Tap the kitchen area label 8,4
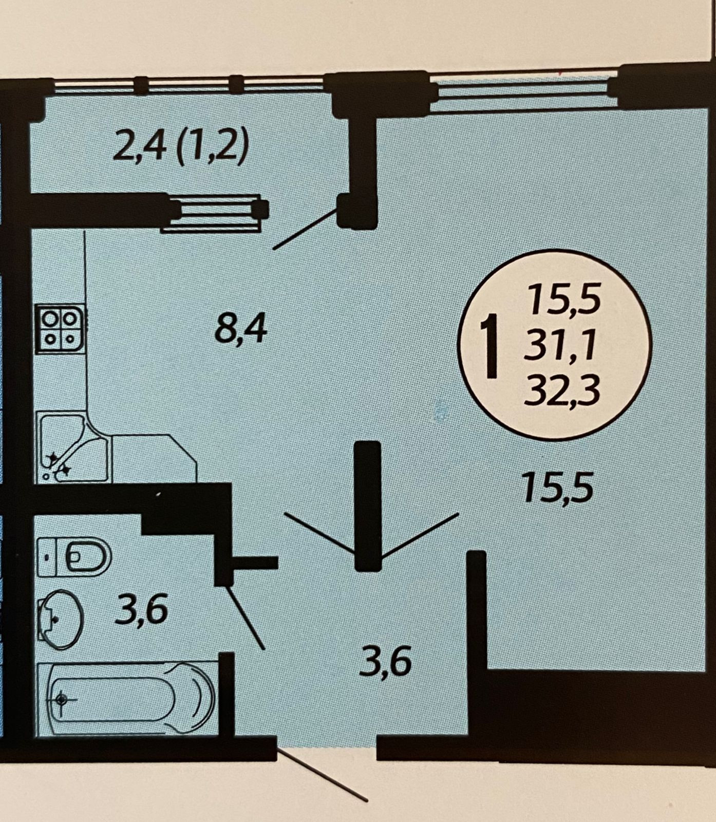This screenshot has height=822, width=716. coord(240,329)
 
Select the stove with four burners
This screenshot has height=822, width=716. coord(61,328)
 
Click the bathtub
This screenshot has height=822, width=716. coord(128,699)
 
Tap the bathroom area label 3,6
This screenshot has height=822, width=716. coord(141,610)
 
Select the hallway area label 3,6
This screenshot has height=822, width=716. coord(385,662)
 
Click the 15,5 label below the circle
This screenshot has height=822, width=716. coord(557,488)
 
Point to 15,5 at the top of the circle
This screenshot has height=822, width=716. coord(564,301)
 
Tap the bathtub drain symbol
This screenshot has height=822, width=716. coord(62,699)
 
